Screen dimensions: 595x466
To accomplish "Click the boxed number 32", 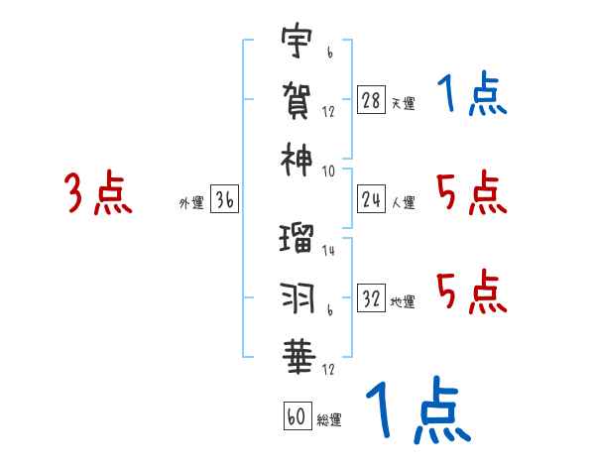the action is [x=372, y=300].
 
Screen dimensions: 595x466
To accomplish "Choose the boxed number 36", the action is [x=224, y=201].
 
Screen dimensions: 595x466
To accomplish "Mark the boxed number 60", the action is [x=297, y=417].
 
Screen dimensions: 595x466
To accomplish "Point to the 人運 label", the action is [x=403, y=203].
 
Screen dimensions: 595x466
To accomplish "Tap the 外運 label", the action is [x=190, y=203].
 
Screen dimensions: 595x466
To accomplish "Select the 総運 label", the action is [x=329, y=419].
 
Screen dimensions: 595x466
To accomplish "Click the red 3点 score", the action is [x=99, y=193].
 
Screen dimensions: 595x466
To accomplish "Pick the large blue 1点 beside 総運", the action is [x=416, y=409].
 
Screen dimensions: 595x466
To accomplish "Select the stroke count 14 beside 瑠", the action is [x=329, y=252].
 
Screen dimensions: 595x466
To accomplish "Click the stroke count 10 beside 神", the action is [x=329, y=169].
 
